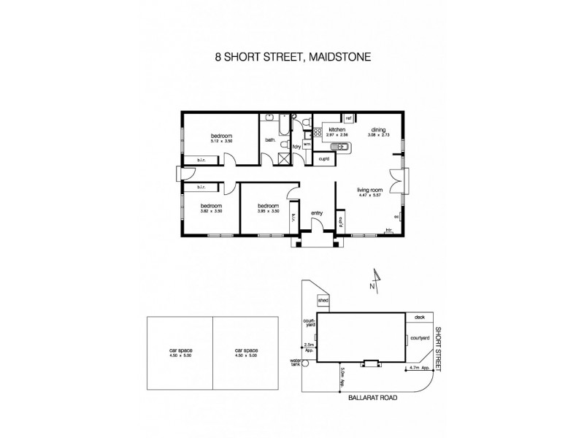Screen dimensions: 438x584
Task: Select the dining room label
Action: coord(377,129)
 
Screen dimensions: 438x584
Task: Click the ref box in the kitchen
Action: coord(349,118)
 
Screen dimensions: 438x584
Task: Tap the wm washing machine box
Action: coord(307,145)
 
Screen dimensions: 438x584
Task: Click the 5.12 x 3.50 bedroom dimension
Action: coord(222,142)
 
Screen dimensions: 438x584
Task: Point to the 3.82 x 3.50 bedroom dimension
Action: coord(211,211)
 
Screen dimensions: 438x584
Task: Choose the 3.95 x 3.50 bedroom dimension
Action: coord(268,211)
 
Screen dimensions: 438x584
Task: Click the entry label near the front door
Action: coord(317,213)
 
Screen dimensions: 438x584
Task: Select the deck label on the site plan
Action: coord(418,318)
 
